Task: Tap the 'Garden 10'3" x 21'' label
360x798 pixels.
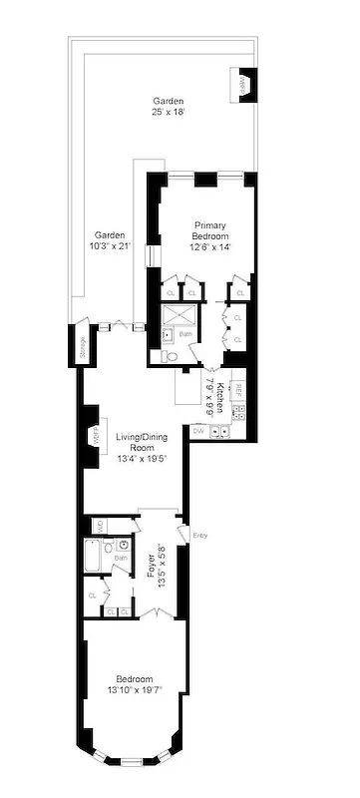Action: click(110, 238)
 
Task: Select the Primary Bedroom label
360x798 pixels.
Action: click(210, 235)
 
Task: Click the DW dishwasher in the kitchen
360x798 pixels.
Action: click(199, 431)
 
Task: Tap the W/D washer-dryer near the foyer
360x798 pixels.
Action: click(99, 525)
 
